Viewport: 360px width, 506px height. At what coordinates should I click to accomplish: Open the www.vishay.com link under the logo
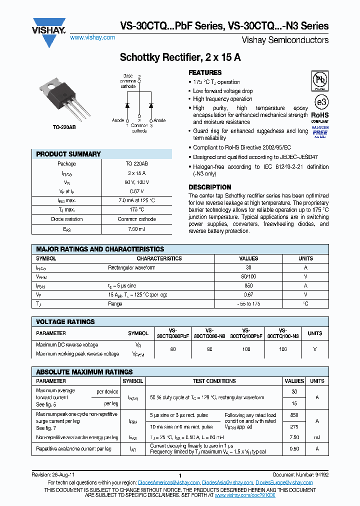(x=92, y=37)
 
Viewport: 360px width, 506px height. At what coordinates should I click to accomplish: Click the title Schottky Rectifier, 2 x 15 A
(x=180, y=57)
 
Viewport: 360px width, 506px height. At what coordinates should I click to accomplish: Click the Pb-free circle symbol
(x=320, y=80)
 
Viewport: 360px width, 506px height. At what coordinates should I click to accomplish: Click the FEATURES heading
(x=205, y=73)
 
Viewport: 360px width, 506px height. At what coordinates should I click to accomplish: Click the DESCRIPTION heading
(x=209, y=187)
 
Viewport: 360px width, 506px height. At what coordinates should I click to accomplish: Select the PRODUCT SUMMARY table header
(x=68, y=154)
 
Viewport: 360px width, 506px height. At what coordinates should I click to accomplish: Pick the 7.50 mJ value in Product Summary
(x=136, y=228)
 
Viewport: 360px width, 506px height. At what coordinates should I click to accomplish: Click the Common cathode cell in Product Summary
(x=136, y=219)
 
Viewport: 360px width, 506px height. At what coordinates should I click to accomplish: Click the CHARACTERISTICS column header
(x=159, y=258)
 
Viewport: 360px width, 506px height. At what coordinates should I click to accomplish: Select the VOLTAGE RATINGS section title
(x=65, y=321)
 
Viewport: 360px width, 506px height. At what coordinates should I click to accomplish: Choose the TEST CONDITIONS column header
(x=214, y=381)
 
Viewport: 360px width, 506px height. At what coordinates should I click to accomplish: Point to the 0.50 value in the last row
(x=294, y=449)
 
